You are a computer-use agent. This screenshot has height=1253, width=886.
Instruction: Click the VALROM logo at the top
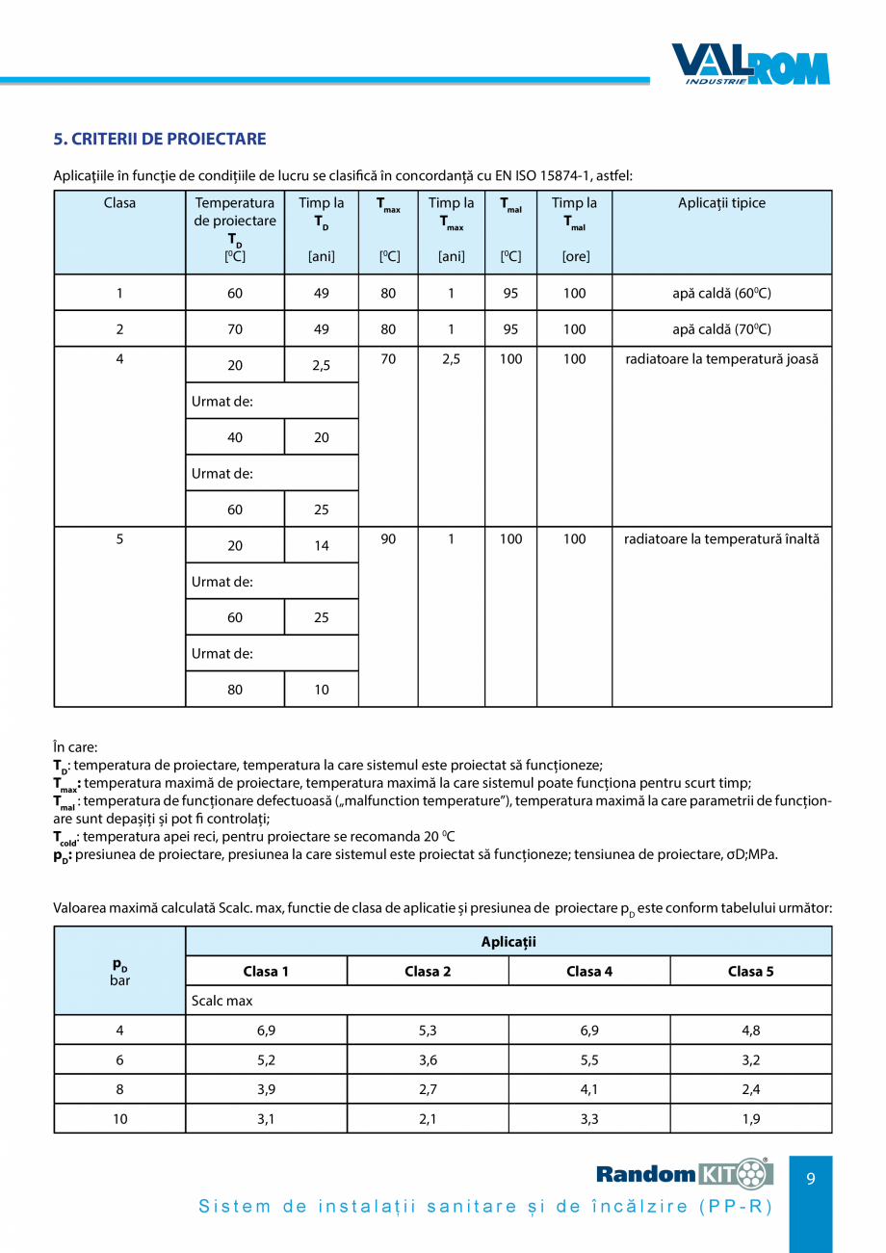pyautogui.click(x=749, y=65)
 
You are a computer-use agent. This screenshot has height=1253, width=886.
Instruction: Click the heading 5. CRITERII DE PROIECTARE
pyautogui.click(x=160, y=139)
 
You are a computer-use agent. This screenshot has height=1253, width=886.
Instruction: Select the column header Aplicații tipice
pyautogui.click(x=721, y=203)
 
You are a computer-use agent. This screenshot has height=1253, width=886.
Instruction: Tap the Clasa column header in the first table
pyautogui.click(x=119, y=203)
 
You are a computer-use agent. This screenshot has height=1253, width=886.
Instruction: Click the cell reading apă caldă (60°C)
pyautogui.click(x=721, y=293)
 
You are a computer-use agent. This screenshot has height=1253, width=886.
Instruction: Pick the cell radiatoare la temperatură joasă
pyautogui.click(x=721, y=359)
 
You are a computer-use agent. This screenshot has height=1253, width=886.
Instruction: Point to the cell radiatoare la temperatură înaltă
pyautogui.click(x=721, y=539)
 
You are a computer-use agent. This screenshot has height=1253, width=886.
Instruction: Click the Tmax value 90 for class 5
pyautogui.click(x=388, y=539)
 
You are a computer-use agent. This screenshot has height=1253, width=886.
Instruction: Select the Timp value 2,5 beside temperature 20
pyautogui.click(x=322, y=366)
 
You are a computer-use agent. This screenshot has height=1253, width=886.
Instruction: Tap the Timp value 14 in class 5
pyautogui.click(x=322, y=546)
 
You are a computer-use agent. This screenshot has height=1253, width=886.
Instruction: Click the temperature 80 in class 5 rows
pyautogui.click(x=235, y=690)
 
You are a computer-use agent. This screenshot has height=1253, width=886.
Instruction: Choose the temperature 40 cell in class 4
pyautogui.click(x=235, y=437)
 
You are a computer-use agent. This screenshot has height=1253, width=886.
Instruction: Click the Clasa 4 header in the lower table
pyautogui.click(x=589, y=971)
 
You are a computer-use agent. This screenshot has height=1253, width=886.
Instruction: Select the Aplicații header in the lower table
pyautogui.click(x=508, y=941)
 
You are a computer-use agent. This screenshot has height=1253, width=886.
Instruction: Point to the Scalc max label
pyautogui.click(x=222, y=1001)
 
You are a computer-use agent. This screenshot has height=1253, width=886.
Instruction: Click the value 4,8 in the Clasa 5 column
pyautogui.click(x=751, y=1031)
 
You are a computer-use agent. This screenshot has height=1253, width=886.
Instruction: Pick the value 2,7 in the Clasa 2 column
pyautogui.click(x=428, y=1089)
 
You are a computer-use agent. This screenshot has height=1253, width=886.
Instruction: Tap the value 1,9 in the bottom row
pyautogui.click(x=751, y=1119)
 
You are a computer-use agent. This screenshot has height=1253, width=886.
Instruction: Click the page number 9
pyautogui.click(x=811, y=1178)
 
